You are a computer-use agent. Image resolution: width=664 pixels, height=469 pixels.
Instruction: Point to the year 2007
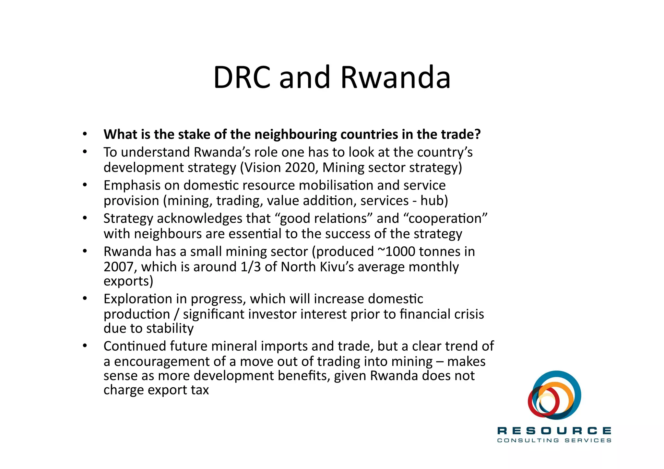point(118,267)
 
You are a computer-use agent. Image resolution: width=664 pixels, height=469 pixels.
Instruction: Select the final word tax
point(200,390)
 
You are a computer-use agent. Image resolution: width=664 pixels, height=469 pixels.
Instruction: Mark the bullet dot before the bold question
point(85,134)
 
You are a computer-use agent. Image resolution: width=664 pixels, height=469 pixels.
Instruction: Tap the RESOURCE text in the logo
point(554,431)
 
